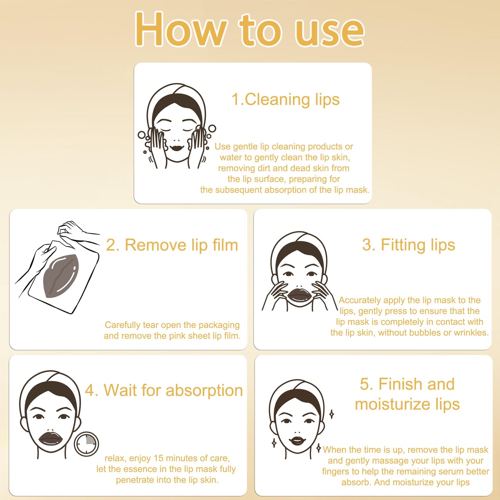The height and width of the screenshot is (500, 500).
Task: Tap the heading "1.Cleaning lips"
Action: coord(285,100)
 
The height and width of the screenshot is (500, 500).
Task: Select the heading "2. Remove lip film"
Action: coord(172,245)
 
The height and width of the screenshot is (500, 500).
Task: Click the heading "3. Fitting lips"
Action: coord(408,245)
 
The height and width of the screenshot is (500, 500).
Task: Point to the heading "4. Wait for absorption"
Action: coord(164,390)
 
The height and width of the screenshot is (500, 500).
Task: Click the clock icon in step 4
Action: coord(86,444)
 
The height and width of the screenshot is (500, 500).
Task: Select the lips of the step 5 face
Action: coord(296,441)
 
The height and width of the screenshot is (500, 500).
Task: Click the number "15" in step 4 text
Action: coord(158,458)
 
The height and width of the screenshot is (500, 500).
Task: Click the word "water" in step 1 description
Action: coord(231,157)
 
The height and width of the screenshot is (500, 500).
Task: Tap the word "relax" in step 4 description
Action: coord(115,458)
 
